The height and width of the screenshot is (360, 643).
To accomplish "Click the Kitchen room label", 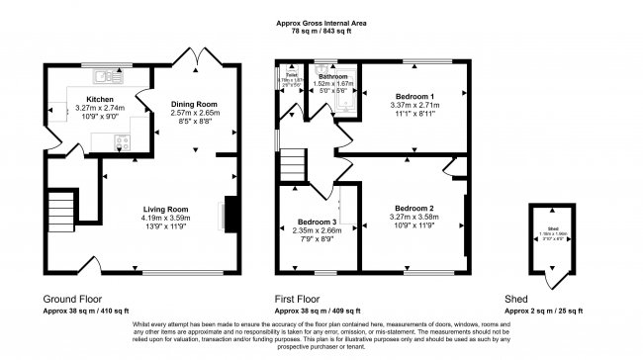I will [x=100, y=100].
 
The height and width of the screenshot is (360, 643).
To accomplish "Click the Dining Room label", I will [x=193, y=104].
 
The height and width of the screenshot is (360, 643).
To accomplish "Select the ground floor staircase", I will [x=62, y=209].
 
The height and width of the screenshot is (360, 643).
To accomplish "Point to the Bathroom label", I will [x=333, y=76].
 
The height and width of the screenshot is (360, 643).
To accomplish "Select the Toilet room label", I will [x=292, y=74].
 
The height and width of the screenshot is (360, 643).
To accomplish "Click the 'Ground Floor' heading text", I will [x=72, y=298].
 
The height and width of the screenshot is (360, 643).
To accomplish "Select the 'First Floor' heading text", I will [x=300, y=298].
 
